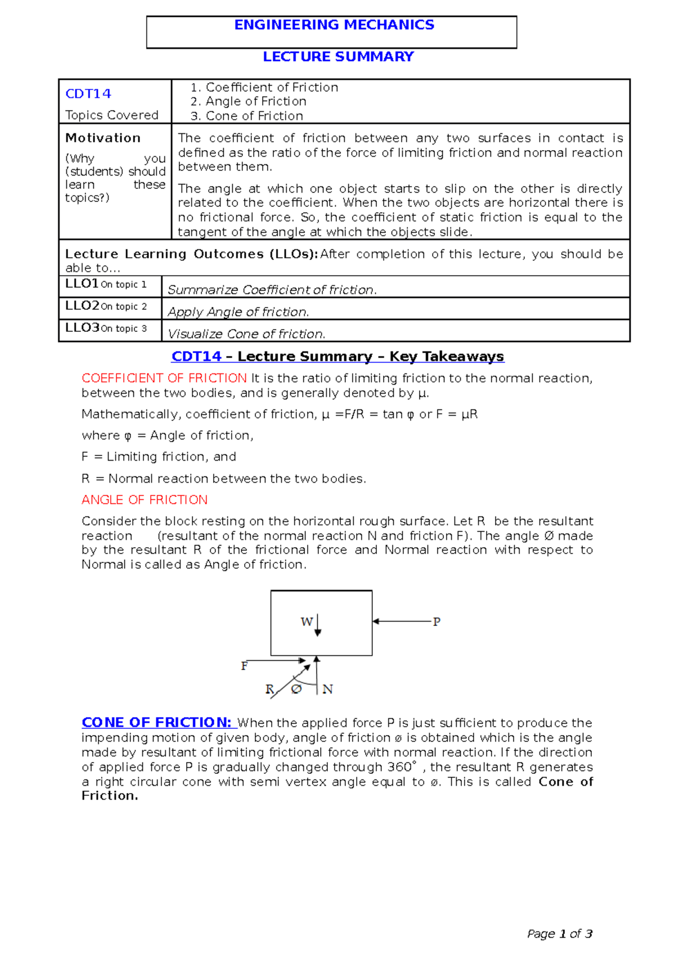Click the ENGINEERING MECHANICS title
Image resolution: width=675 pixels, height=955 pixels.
pyautogui.click(x=334, y=25)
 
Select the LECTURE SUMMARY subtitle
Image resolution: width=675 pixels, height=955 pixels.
pyautogui.click(x=338, y=57)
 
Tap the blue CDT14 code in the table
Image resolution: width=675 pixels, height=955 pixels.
pyautogui.click(x=88, y=94)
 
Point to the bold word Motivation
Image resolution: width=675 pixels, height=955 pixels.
pyautogui.click(x=103, y=138)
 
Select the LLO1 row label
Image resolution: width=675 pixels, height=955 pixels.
pyautogui.click(x=82, y=284)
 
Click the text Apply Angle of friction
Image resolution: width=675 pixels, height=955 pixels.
pyautogui.click(x=238, y=312)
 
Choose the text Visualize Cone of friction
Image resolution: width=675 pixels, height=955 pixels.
pyautogui.click(x=246, y=334)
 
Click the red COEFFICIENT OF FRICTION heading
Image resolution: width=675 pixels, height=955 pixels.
pyautogui.click(x=164, y=378)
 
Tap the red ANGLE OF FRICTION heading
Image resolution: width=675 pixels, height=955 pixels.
pyautogui.click(x=145, y=500)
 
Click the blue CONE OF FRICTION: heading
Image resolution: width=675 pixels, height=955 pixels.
pyautogui.click(x=156, y=723)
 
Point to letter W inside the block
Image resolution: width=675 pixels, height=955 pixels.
pyautogui.click(x=306, y=621)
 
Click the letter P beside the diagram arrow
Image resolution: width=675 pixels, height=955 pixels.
pyautogui.click(x=436, y=622)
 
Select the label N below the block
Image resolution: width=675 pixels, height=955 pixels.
pyautogui.click(x=328, y=690)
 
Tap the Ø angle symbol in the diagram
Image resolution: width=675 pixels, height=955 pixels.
pyautogui.click(x=296, y=689)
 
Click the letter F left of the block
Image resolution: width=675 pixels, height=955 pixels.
pyautogui.click(x=244, y=666)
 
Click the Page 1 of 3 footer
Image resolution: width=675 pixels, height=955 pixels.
pyautogui.click(x=560, y=934)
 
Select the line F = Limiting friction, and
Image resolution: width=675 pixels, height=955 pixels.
pyautogui.click(x=159, y=457)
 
